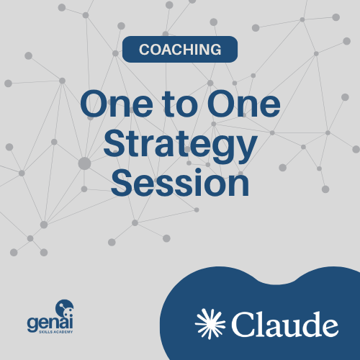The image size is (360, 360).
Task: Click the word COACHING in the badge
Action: [x=180, y=50]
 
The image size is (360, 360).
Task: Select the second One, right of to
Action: [x=244, y=104]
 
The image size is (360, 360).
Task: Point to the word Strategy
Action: [x=180, y=146]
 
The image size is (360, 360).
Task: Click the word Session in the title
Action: [x=180, y=182]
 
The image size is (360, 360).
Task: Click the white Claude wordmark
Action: [x=285, y=324]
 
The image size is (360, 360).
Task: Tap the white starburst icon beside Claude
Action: [x=210, y=324]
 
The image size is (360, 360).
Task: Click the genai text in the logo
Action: [x=50, y=323]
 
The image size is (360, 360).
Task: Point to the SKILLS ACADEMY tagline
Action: [x=56, y=332]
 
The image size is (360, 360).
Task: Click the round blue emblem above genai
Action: [x=64, y=308]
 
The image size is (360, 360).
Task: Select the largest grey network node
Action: [x=84, y=163]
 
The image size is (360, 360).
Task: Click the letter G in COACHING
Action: [x=214, y=50]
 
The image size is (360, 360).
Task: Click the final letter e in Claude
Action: [x=329, y=328]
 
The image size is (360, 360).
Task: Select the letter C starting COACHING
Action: [x=145, y=50]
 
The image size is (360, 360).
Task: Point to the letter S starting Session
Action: [x=122, y=182]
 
